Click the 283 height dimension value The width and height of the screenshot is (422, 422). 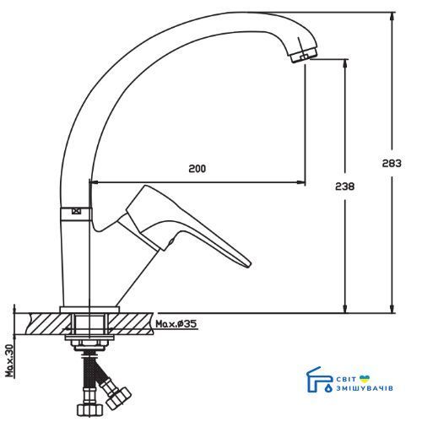[x=392, y=163]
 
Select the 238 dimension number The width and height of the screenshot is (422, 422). [x=345, y=187]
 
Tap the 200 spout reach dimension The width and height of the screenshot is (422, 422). [x=197, y=169]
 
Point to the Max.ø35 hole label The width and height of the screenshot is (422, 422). [x=176, y=324]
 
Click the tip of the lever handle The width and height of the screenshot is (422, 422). [x=249, y=265]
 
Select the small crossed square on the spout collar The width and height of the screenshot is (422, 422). [x=76, y=211]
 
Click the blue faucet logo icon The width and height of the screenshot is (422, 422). [x=319, y=380]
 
